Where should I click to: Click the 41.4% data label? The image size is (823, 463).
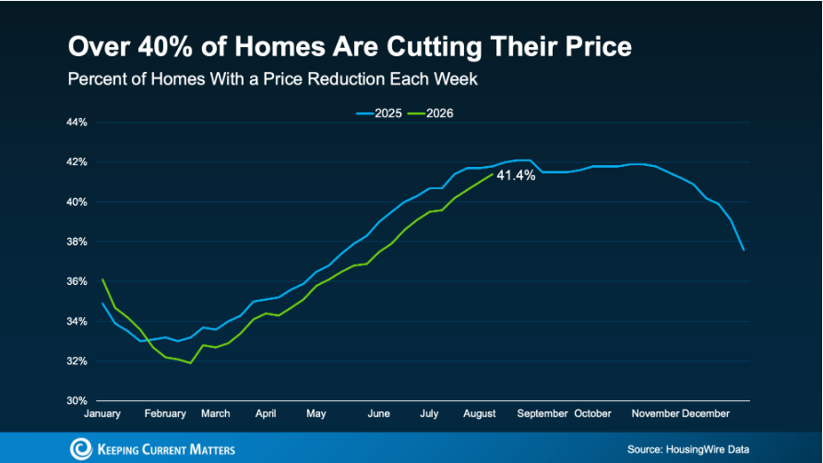[x=516, y=175]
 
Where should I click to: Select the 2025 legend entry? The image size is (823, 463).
[x=379, y=113]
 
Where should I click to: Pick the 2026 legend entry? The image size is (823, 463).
[x=430, y=113]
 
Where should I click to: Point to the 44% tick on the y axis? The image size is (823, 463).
[x=77, y=123]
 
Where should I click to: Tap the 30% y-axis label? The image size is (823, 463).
[x=77, y=400]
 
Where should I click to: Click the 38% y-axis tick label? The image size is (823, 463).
[x=77, y=242]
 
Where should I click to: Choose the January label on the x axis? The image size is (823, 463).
[x=102, y=413]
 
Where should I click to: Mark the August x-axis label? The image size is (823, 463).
[x=479, y=413]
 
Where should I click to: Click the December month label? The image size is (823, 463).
[x=706, y=413]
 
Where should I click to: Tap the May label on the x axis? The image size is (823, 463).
[x=316, y=413]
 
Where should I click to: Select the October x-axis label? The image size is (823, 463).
[x=592, y=413]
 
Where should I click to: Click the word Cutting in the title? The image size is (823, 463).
[x=435, y=47]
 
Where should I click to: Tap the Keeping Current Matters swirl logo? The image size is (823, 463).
[x=81, y=449]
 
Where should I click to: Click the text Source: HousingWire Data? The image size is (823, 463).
[x=688, y=449]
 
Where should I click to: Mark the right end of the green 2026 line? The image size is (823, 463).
[x=493, y=174]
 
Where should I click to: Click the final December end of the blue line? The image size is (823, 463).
[x=744, y=250]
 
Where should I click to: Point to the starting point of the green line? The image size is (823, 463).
[x=102, y=279]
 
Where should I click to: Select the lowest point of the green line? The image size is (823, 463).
[x=190, y=362]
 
